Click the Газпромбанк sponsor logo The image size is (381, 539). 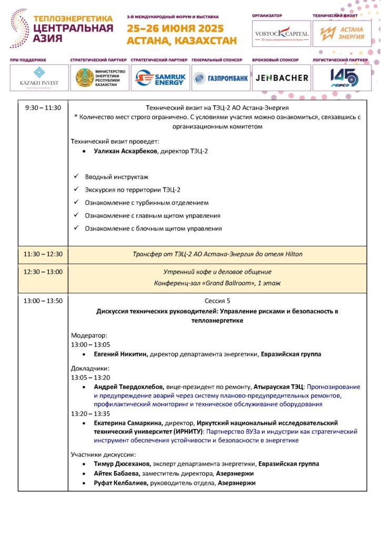click(x=220, y=78)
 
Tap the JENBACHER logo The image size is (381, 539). click(x=282, y=78)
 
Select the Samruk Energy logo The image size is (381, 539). click(x=160, y=78)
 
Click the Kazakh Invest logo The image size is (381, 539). click(x=39, y=78)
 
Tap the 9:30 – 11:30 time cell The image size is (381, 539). click(x=43, y=108)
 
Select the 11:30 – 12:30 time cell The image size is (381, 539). click(x=43, y=254)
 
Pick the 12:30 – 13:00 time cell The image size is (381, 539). click(x=43, y=272)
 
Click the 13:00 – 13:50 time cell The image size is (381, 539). click(x=43, y=301)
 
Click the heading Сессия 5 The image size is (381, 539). click(x=217, y=301)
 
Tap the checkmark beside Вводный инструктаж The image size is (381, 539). click(x=77, y=176)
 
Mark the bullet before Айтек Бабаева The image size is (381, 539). click(x=85, y=473)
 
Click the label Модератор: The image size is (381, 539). click(x=89, y=335)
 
